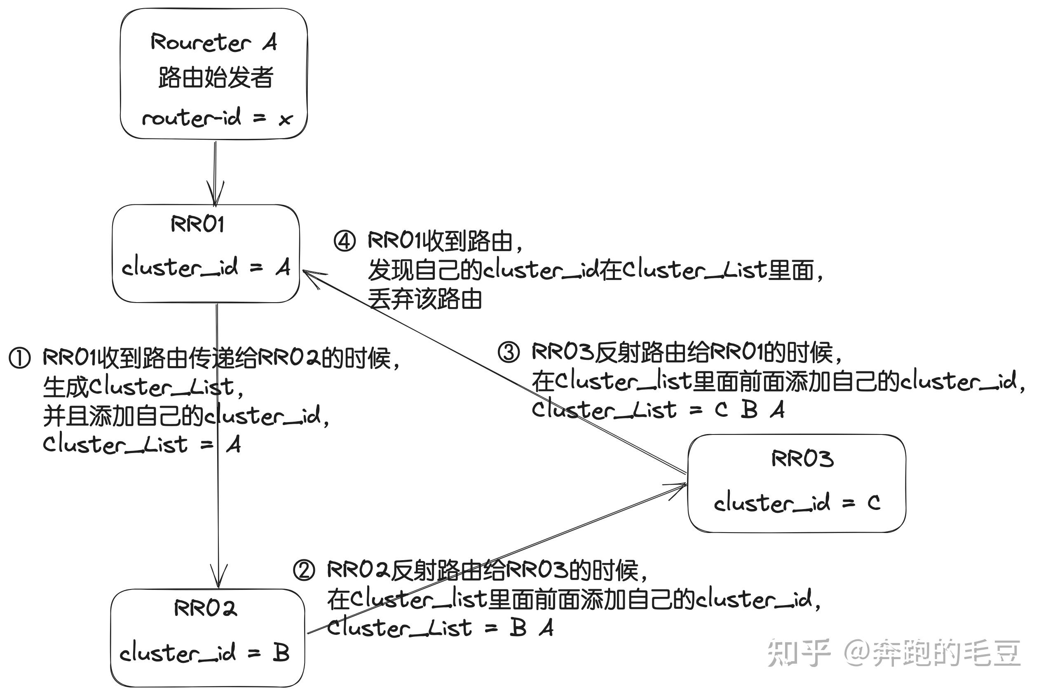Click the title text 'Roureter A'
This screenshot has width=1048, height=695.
coord(213,43)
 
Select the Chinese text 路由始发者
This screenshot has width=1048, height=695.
coord(216,78)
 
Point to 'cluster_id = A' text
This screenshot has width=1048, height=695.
coord(206,268)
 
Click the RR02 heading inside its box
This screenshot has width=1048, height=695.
coord(206,608)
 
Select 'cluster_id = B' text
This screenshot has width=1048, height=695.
coord(204,653)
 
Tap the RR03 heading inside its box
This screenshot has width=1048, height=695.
coord(802,459)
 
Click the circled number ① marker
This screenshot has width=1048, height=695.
coord(20,358)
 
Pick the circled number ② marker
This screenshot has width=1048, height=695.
coord(304,571)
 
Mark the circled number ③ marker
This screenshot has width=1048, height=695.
coord(508,353)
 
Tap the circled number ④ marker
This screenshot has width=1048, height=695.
coord(345,241)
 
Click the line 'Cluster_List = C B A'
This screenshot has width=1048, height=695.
coord(658,410)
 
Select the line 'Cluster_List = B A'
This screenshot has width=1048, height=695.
coord(440,628)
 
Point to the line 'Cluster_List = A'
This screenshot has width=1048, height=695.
coord(142,444)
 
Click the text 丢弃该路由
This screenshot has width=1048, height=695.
coord(424,299)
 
